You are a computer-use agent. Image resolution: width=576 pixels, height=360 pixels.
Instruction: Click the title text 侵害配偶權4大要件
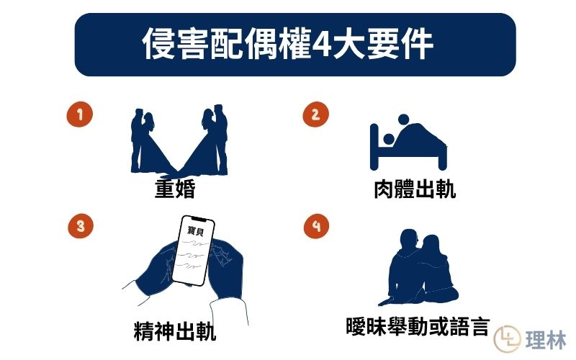(287, 44)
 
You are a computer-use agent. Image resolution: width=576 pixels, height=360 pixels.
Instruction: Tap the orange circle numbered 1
(80, 114)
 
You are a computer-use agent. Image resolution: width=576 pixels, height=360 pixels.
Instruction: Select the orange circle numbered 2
(315, 114)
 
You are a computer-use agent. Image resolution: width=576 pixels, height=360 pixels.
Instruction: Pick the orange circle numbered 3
(81, 225)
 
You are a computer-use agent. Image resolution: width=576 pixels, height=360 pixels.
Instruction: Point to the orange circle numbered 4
(316, 225)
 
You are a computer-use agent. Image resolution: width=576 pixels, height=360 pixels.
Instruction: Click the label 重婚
(175, 189)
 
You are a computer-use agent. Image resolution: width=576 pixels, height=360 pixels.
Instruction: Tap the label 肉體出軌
(415, 189)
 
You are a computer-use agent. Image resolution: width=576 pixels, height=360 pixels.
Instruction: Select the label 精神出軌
(175, 331)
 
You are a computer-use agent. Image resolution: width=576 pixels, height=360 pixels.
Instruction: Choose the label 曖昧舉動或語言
(418, 326)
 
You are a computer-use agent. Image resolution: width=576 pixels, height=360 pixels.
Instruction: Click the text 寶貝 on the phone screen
(195, 230)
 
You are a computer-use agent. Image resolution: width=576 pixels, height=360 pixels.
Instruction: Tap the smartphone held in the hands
(193, 250)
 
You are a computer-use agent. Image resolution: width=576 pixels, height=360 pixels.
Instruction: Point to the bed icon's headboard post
(374, 147)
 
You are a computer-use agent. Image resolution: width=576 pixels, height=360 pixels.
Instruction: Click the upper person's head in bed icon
(403, 120)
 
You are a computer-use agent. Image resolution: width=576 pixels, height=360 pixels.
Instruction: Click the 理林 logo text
(546, 340)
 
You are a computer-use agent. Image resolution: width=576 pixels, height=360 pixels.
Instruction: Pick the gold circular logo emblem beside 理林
(508, 338)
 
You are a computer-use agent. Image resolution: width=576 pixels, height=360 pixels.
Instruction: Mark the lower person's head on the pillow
(388, 139)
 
